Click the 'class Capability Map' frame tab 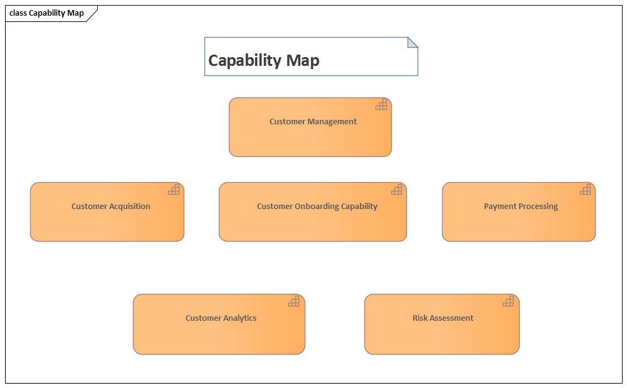[47, 13]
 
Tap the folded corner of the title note [412, 42]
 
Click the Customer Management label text [313, 122]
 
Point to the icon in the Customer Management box [381, 105]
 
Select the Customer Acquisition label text [110, 206]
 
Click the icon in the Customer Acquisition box [174, 190]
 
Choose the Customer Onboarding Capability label [317, 206]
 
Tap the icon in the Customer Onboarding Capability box [396, 190]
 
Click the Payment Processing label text [520, 206]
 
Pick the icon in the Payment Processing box [585, 190]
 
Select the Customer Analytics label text [221, 318]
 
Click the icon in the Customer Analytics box [294, 301]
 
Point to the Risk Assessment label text [443, 318]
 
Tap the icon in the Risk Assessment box [508, 301]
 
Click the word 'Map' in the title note [303, 60]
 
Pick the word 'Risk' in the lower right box [420, 318]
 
